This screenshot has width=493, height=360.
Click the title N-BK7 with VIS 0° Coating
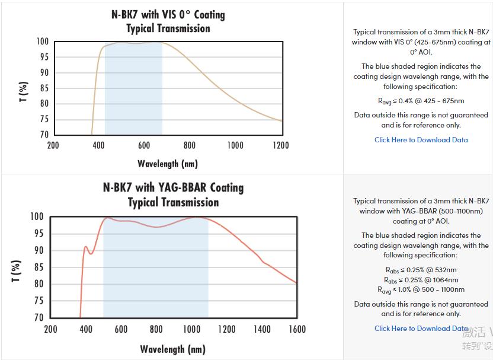168,14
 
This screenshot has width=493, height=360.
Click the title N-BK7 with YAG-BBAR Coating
173,187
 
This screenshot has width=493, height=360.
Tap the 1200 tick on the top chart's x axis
280,145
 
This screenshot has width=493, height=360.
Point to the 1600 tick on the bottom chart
296,329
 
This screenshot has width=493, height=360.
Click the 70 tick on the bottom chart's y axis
38,317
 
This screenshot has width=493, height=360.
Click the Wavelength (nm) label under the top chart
168,163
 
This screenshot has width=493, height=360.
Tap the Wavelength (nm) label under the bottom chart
173,349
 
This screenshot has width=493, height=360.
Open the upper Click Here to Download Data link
421,140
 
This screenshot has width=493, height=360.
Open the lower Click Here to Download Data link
421,328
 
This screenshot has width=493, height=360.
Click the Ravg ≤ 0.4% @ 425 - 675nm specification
421,101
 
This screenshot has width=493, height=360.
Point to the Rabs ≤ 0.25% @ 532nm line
421,270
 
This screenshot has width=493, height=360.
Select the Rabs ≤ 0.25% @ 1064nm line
421,279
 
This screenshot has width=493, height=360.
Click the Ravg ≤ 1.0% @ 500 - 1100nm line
421,289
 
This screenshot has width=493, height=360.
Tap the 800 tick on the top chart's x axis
190,145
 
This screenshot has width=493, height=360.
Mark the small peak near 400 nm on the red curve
86,247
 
